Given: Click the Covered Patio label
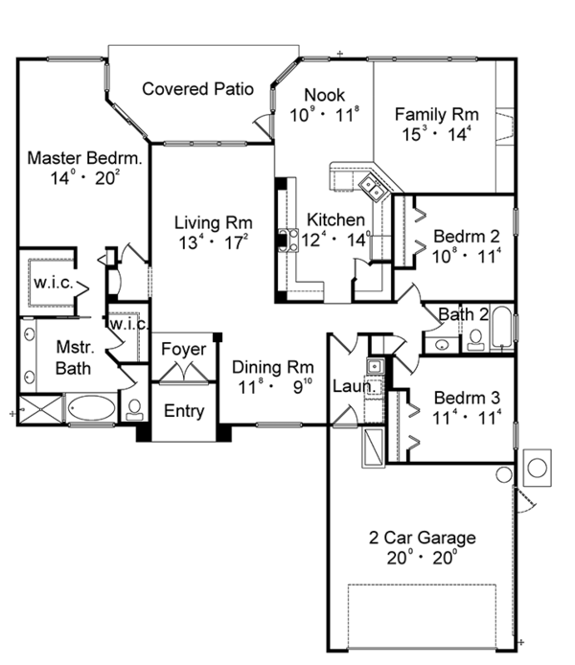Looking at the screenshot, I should pos(197,89).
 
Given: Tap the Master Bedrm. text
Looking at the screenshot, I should pos(84,157).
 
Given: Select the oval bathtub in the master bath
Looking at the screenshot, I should pos(91,408).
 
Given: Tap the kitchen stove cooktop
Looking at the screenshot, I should pos(285,240).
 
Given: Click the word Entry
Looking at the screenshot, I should pos(183,411).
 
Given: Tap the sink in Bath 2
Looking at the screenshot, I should pos(442,344).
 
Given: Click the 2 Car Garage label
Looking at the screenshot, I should pos(423,538).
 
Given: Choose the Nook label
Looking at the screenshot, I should pos(323,94).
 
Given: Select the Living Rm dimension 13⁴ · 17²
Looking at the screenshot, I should pos(212,242).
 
